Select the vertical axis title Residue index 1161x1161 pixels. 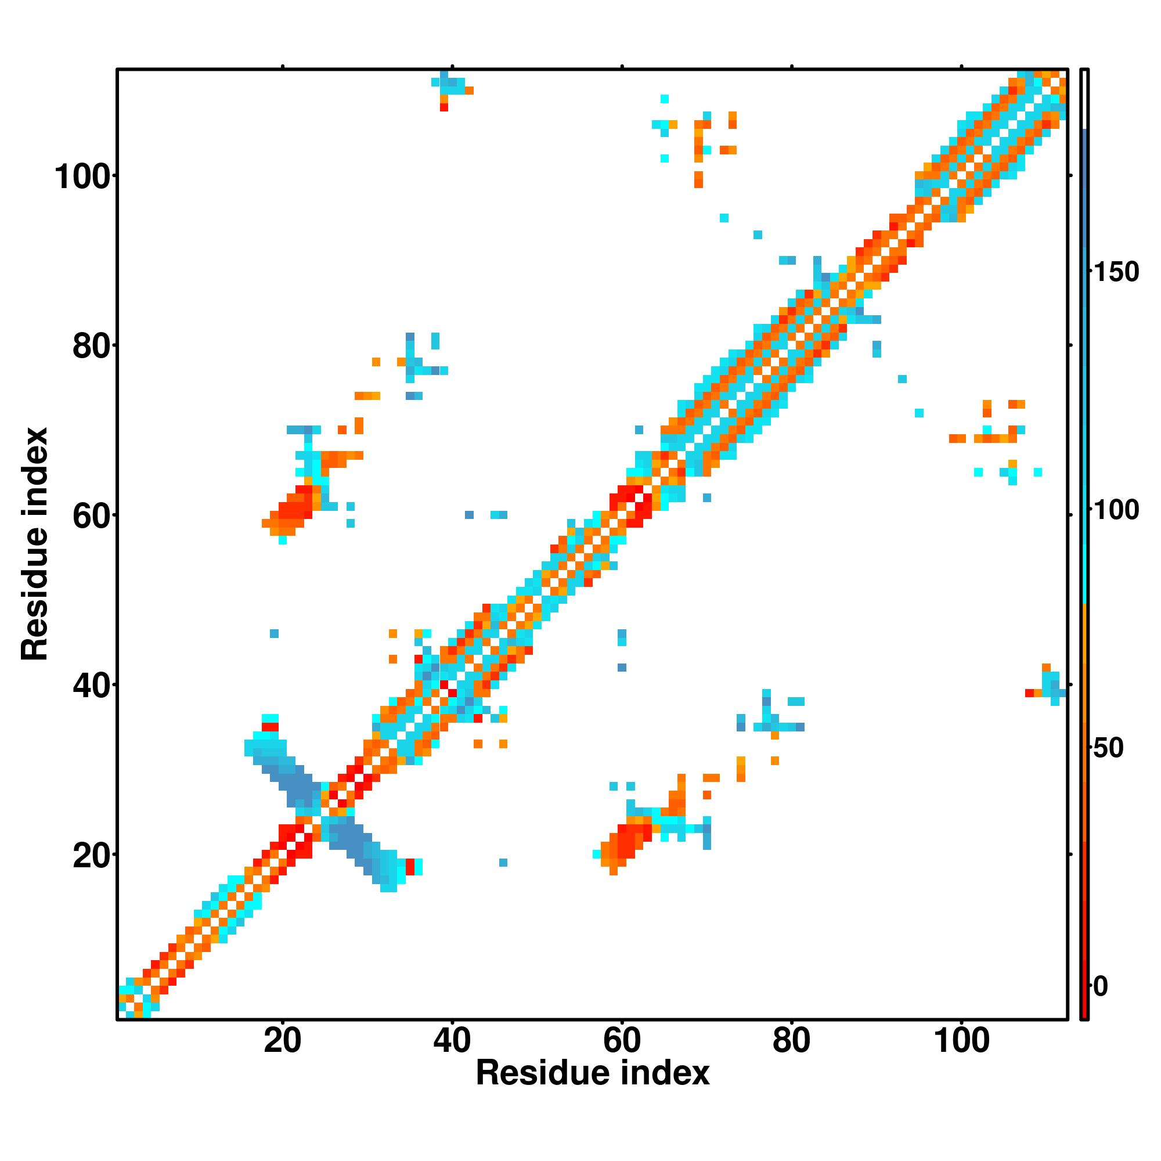tap(34, 544)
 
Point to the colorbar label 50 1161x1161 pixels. tap(1109, 748)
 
